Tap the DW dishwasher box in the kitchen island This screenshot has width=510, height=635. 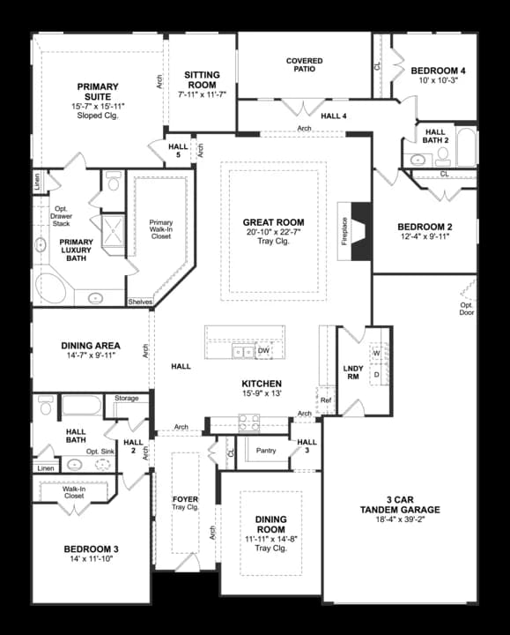tap(263, 350)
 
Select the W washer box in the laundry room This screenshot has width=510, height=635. tap(376, 354)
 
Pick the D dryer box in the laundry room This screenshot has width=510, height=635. tap(376, 374)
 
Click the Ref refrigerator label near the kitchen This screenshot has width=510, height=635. tap(326, 400)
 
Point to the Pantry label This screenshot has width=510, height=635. tap(266, 451)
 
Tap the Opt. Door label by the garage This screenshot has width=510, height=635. tap(466, 309)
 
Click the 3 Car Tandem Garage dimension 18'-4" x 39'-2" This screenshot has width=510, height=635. tap(400, 520)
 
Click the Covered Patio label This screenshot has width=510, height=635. tap(305, 66)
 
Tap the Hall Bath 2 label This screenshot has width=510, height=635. tap(436, 136)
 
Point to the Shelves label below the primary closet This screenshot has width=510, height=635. tap(140, 302)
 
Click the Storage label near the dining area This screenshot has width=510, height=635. tap(127, 399)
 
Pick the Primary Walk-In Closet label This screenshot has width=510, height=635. tap(160, 229)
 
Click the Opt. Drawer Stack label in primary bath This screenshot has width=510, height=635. tap(62, 216)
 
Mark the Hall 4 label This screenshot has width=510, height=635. tap(334, 116)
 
